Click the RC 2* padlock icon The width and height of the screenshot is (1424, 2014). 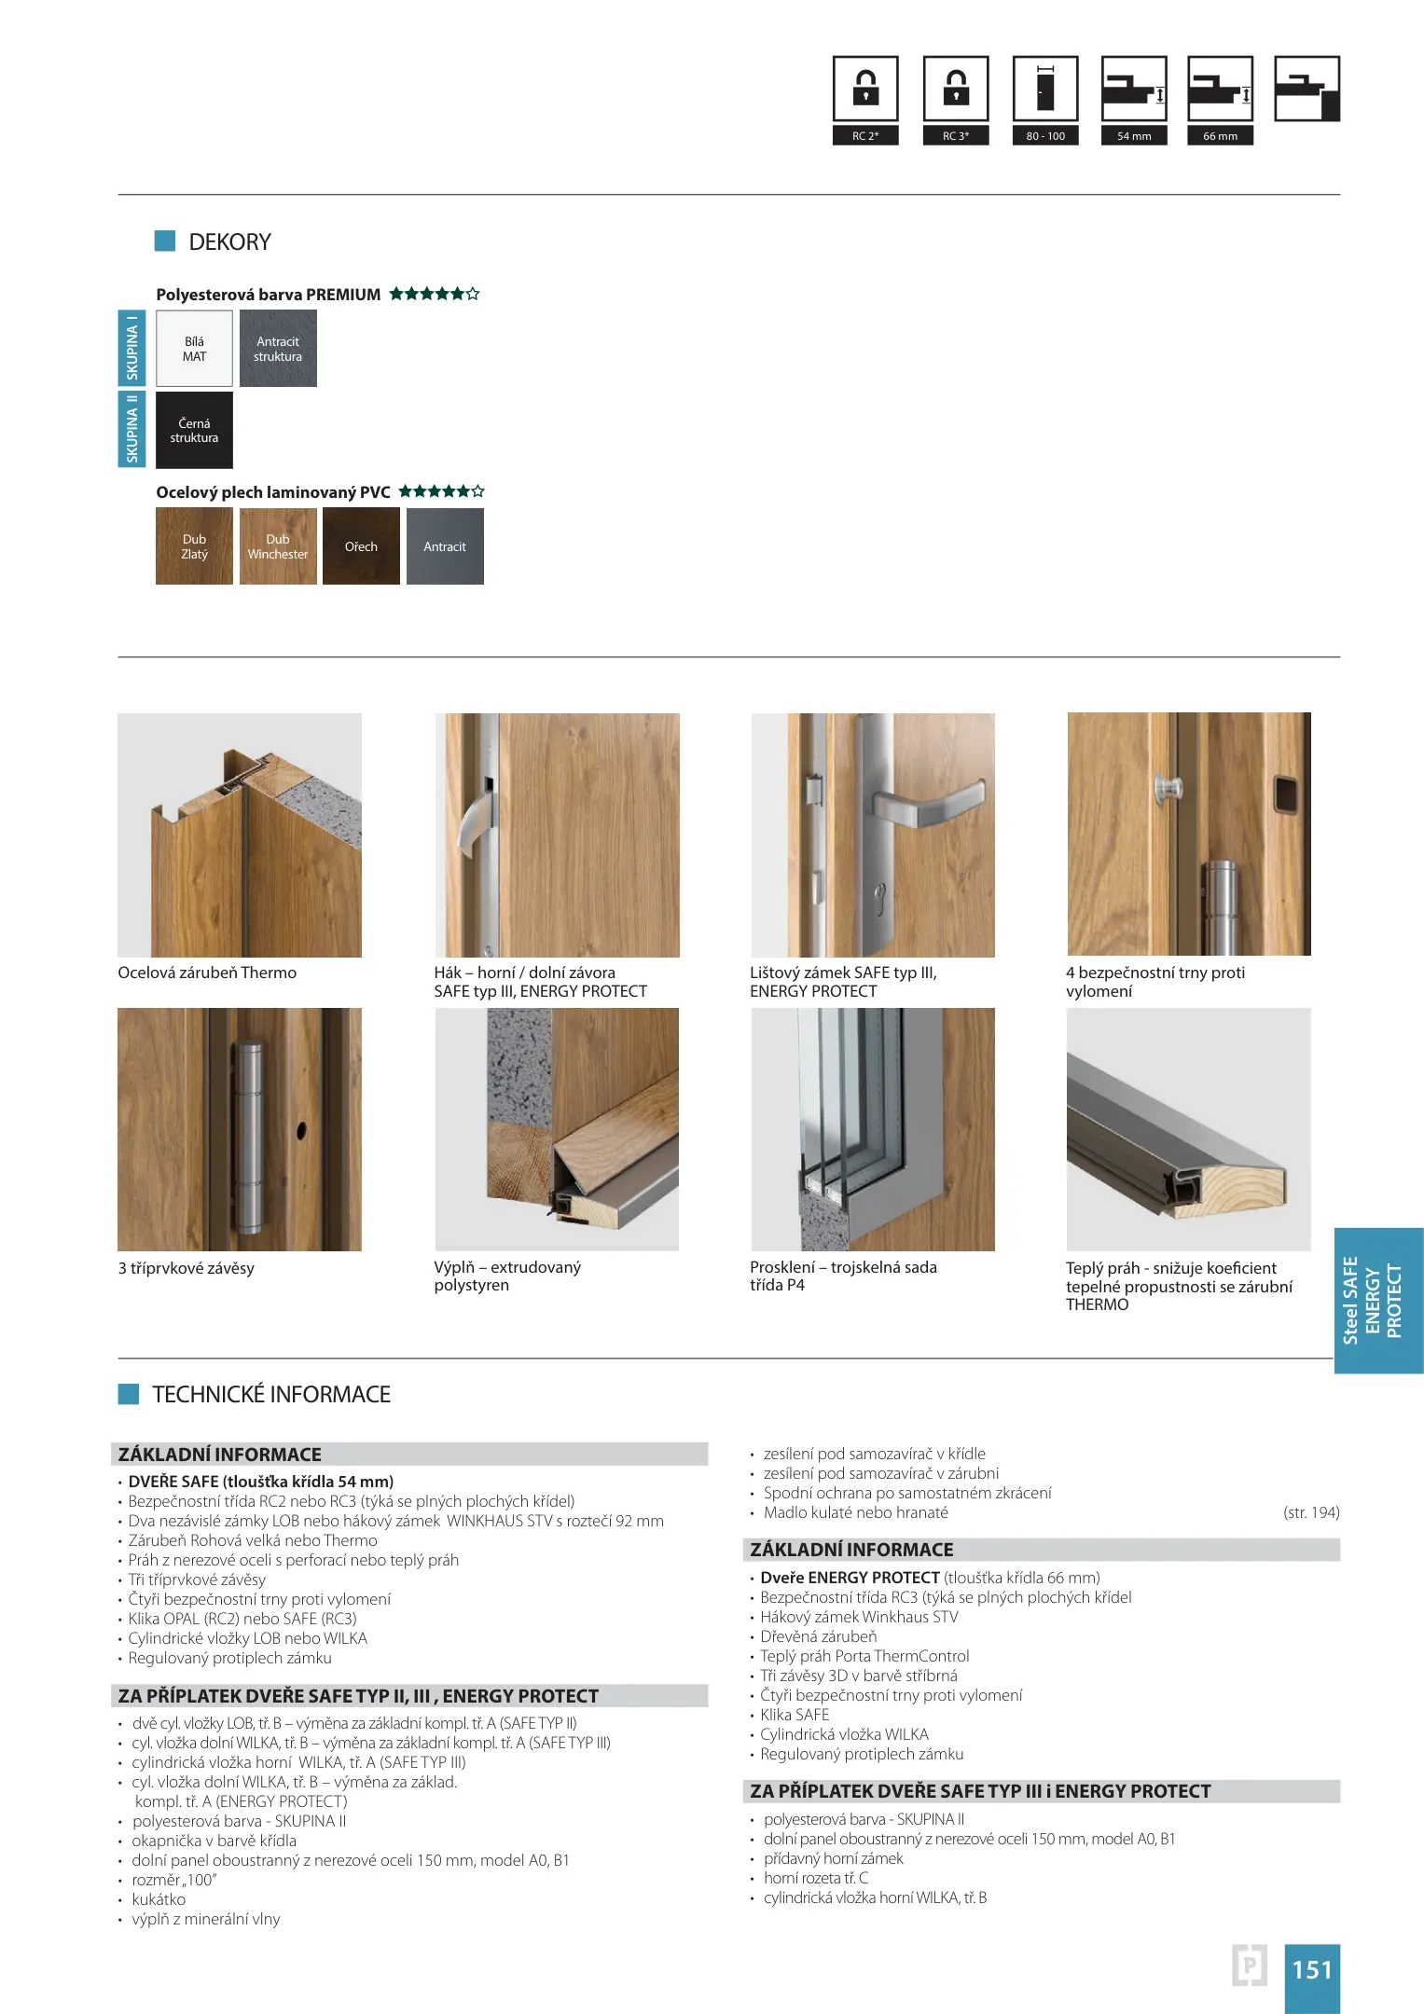[x=865, y=90]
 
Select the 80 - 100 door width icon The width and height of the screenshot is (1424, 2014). [x=1045, y=90]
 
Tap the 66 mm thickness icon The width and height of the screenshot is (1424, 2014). [x=1220, y=90]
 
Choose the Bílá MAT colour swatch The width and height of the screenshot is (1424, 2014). [x=194, y=349]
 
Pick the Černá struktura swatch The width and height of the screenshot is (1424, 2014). [x=194, y=430]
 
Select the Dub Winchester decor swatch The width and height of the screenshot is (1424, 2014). [x=278, y=546]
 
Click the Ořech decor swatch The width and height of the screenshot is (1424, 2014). [x=361, y=546]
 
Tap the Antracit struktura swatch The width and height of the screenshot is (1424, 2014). [x=278, y=349]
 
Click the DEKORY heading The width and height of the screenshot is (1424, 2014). [x=229, y=242]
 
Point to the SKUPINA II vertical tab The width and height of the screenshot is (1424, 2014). [x=131, y=429]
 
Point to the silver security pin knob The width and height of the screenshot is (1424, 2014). [x=1166, y=791]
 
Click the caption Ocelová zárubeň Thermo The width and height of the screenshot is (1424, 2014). [x=207, y=973]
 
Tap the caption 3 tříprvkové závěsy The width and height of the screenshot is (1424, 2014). [x=186, y=1268]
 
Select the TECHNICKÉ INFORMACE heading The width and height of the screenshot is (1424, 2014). [x=270, y=1394]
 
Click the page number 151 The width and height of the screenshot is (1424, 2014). [x=1311, y=1969]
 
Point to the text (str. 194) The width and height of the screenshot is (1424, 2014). [x=1310, y=1512]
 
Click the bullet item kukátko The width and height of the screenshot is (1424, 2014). [x=159, y=1899]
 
